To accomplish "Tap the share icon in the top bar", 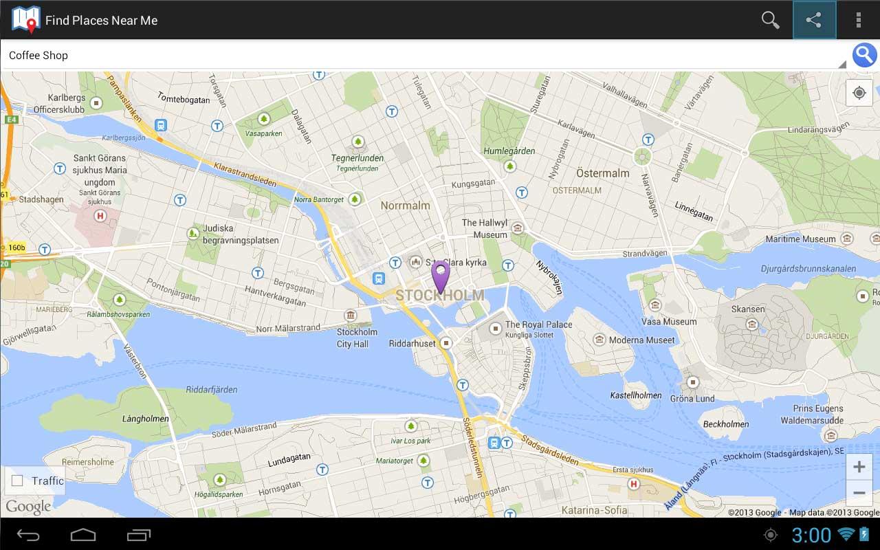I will coord(814,20).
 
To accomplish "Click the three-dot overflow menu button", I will coord(858,20).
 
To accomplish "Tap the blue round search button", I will coord(864,55).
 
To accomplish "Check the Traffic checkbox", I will coord(17,481).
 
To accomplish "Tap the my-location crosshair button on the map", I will coord(859,93).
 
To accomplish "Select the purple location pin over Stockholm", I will coord(440,276).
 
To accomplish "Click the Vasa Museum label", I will coord(669,321).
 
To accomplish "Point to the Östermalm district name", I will coord(602,173).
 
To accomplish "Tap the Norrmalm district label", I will coord(405,205).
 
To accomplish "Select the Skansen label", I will coord(748,309).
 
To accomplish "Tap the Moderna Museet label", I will coord(642,340).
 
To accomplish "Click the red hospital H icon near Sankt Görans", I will coord(101,216).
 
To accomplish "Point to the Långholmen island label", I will coord(145,418).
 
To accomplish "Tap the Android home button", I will coord(83,534).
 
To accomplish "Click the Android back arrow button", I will coord(28,534).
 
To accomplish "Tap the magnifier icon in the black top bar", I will coord(770,20).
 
